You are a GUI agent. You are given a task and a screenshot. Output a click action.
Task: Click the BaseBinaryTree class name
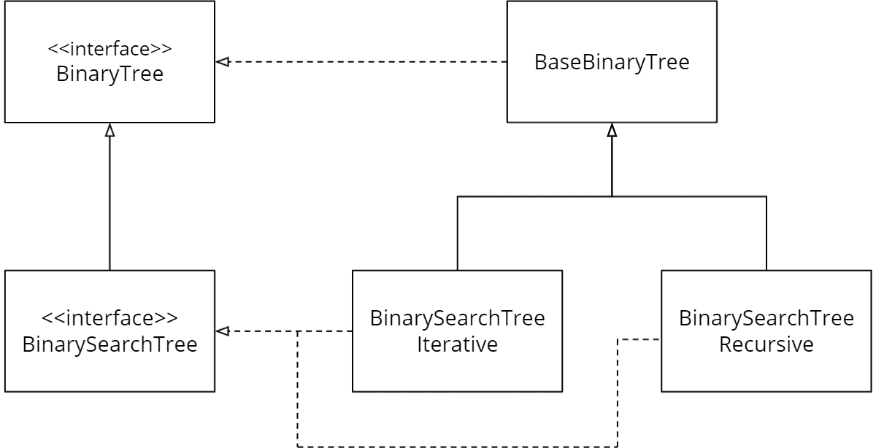coord(612,63)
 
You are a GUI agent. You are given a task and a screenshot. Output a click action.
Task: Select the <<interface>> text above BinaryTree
coord(109,50)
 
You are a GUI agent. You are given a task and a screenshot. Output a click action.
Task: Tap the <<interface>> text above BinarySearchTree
coord(109,319)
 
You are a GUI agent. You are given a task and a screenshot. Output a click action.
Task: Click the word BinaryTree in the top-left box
coord(109,74)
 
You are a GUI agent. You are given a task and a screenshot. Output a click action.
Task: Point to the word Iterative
coord(457,344)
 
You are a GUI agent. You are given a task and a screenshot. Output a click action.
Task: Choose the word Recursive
coord(766,344)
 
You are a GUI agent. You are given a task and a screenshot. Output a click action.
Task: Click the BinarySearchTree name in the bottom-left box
coord(109,344)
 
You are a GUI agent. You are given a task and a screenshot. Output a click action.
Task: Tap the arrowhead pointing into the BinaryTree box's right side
coord(222,63)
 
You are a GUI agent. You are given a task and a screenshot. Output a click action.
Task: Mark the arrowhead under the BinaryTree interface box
coord(109,130)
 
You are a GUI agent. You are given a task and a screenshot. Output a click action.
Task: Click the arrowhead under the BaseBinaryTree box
coord(612,131)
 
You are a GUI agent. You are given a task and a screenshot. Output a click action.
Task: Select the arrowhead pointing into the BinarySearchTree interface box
coord(222,332)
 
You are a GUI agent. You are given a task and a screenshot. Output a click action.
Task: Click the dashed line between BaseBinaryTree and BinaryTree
coord(365,63)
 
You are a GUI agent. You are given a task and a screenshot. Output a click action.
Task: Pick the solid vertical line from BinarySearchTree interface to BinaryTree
coord(109,204)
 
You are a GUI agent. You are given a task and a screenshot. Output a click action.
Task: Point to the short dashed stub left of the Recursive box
coord(639,339)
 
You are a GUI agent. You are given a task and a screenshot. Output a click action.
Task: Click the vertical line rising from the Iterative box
coord(457,233)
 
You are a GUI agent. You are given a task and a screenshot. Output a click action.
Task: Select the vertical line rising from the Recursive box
coord(766,233)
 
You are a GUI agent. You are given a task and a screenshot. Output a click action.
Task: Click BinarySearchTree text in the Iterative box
coord(457,319)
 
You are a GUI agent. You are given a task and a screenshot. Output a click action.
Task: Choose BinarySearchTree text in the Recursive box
coord(766,319)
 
